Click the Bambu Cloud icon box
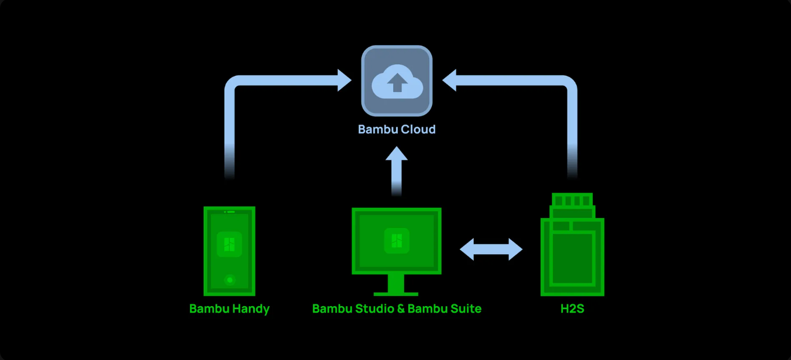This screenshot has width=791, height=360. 397,81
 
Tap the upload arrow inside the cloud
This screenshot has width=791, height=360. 397,83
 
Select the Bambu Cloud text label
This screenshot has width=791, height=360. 397,129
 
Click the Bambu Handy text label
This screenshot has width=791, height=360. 229,309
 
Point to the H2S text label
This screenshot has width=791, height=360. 573,309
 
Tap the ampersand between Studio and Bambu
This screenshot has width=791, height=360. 401,309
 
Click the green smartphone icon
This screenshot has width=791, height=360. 229,251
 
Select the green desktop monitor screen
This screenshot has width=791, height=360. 397,241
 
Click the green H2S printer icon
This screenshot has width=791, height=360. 573,244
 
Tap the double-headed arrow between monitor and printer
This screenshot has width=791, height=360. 491,249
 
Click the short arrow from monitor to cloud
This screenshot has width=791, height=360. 397,171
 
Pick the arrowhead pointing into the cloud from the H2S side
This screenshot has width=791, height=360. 449,80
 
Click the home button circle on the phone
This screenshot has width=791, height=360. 230,280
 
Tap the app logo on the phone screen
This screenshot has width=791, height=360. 229,244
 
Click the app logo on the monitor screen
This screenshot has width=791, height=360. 397,241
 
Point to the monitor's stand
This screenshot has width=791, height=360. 396,285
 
